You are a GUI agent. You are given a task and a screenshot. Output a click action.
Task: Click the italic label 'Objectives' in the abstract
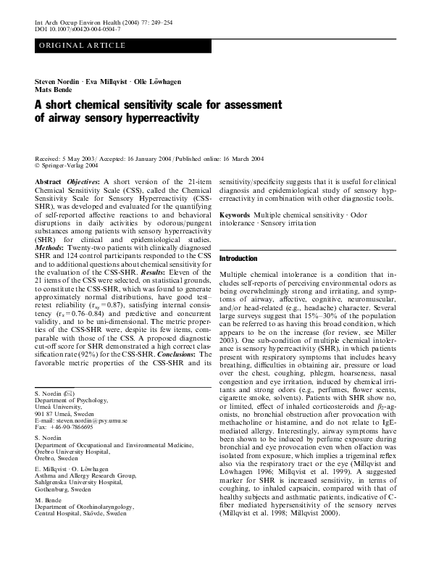point(85,180)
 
